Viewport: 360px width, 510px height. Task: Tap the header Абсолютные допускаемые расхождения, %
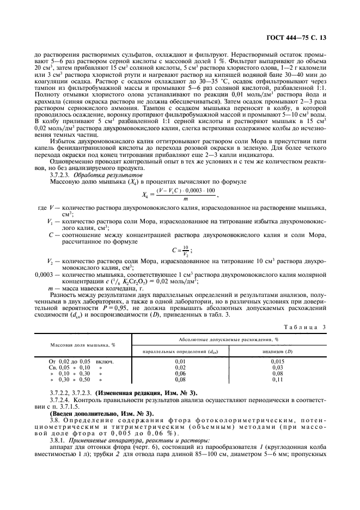tap(228, 339)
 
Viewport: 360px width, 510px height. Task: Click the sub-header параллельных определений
tap(180, 351)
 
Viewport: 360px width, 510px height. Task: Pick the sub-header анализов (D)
tap(277, 351)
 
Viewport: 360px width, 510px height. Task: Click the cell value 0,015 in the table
tap(277, 361)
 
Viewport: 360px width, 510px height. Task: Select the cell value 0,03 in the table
tap(277, 367)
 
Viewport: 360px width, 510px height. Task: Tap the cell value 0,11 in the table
tap(277, 379)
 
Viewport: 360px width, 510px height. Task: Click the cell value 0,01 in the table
tap(180, 361)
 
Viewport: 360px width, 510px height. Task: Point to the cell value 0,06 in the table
tap(180, 373)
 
